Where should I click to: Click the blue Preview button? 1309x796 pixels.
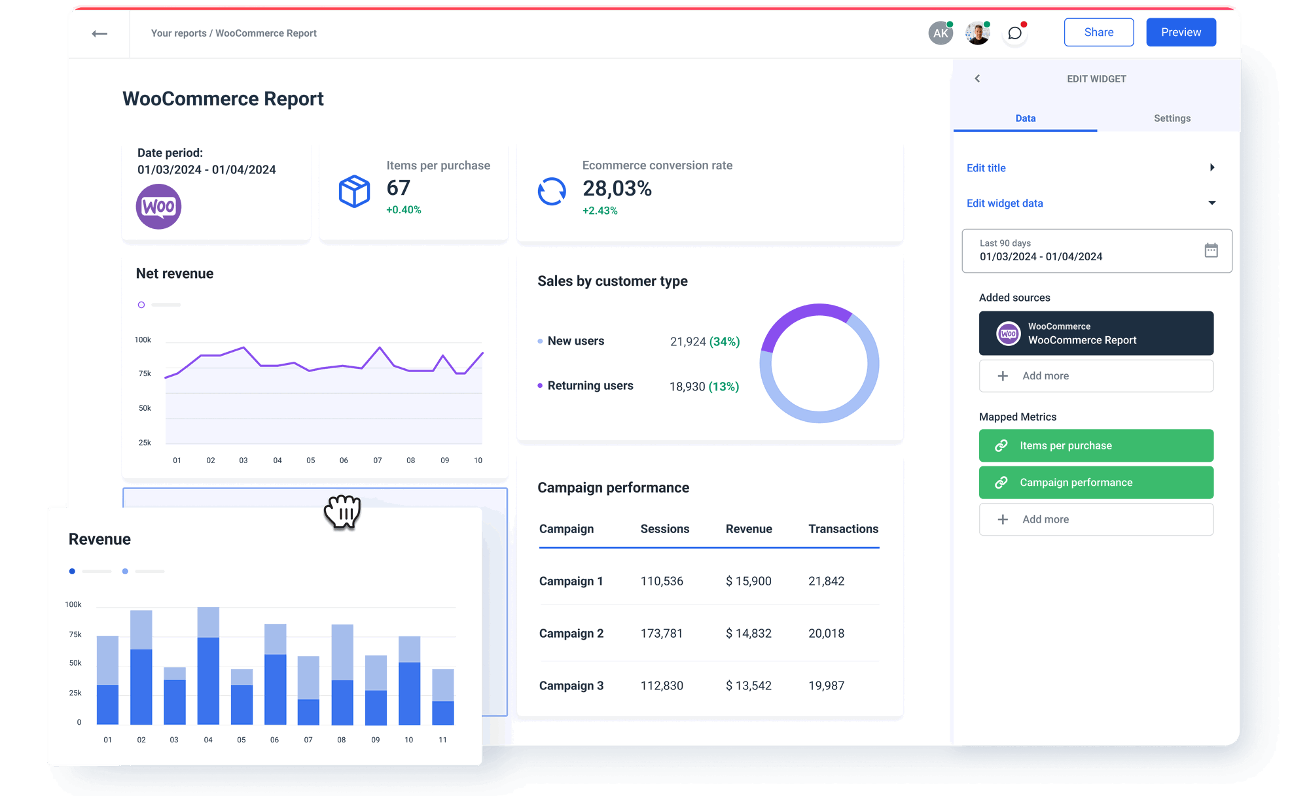[x=1181, y=32]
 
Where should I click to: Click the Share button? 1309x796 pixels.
[x=1098, y=32]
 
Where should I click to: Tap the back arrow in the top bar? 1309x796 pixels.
[x=99, y=33]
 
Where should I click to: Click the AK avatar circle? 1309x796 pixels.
[x=940, y=33]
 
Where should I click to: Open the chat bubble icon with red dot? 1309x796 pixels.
[x=1014, y=33]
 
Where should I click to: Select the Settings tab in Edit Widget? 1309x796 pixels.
[x=1172, y=118]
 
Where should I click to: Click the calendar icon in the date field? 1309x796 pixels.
[x=1211, y=250]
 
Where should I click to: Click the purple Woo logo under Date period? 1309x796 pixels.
[x=158, y=207]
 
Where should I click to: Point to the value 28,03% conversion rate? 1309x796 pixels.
[x=617, y=189]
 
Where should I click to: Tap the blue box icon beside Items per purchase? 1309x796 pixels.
[x=354, y=191]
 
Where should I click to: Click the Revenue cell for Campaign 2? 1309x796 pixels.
[x=748, y=633]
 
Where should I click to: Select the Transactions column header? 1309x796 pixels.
[x=843, y=528]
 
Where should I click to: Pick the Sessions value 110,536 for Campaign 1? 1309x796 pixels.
[x=661, y=581]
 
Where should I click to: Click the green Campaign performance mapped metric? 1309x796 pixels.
[x=1096, y=483]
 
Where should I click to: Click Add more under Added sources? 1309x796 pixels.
[x=1096, y=376]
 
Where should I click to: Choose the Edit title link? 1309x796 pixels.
[x=986, y=168]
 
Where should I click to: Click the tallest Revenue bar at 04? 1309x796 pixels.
[x=208, y=667]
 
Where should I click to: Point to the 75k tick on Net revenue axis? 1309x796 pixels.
[x=145, y=373]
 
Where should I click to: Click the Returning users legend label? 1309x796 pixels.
[x=590, y=386]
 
